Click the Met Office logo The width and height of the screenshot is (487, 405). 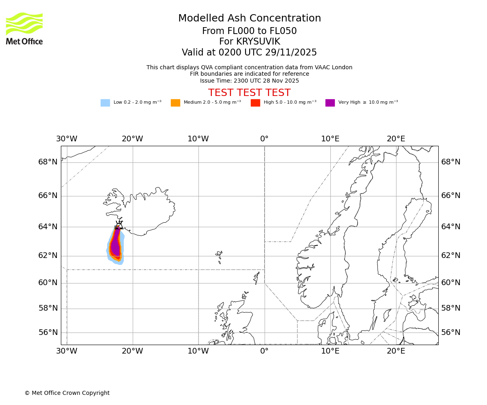(24, 28)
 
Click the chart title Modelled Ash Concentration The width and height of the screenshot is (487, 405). (249, 18)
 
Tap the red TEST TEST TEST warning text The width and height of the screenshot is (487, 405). (249, 93)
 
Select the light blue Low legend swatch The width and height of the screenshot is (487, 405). (105, 103)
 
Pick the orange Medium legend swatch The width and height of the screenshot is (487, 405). (175, 103)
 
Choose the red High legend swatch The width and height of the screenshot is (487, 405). (255, 103)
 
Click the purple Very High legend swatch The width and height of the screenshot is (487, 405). (330, 103)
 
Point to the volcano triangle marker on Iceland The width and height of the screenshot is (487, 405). (119, 225)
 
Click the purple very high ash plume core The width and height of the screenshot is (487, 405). (116, 245)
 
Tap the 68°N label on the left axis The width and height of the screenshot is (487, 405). (48, 162)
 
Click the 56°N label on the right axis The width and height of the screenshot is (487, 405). (450, 333)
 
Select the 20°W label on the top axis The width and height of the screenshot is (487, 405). (132, 139)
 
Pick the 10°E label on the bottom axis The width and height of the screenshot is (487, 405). (330, 351)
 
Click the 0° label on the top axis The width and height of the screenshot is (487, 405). (264, 139)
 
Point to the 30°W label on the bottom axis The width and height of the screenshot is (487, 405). (67, 351)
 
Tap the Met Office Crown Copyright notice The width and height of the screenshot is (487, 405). (67, 393)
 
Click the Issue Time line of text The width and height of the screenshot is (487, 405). (249, 81)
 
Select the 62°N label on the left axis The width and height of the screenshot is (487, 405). (48, 256)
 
